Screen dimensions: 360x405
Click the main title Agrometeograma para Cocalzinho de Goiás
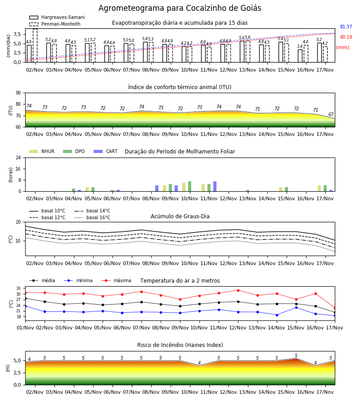(180, 8)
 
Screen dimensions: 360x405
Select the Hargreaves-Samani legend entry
(57, 17)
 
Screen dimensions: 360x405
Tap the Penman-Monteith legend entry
(55, 24)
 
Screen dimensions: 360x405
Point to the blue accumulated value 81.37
(346, 27)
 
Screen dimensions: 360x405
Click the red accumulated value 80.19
(346, 37)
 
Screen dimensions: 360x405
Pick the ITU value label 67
(331, 114)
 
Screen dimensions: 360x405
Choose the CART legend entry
(106, 151)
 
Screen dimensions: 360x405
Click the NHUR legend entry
(42, 151)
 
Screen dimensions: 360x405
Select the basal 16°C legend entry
(92, 217)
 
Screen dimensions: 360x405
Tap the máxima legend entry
(116, 280)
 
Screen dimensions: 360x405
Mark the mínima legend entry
(78, 280)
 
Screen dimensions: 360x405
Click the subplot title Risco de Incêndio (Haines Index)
(180, 345)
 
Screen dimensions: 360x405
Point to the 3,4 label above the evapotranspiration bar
(300, 46)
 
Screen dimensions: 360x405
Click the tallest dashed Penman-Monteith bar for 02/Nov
(35, 45)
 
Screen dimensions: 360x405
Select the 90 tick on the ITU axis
(18, 93)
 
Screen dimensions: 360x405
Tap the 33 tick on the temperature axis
(18, 288)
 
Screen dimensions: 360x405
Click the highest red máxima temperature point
(238, 290)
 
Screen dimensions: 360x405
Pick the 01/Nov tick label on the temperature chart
(25, 328)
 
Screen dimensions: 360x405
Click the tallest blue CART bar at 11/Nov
(215, 186)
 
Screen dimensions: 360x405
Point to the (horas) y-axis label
(11, 175)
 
